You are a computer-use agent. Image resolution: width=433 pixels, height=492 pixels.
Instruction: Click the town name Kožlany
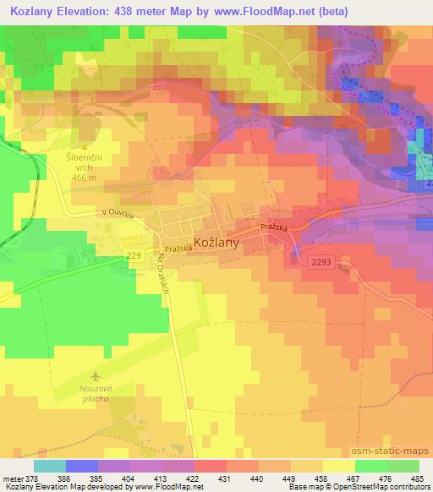[x=217, y=242]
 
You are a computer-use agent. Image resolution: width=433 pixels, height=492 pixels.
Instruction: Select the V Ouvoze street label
[x=117, y=213]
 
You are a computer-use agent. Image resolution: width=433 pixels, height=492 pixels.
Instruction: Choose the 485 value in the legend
[x=417, y=478]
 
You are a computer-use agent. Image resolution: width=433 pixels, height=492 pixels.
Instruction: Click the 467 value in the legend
[x=353, y=478]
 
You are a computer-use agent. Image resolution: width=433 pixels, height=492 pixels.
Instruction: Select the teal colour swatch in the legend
[x=49, y=466]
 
